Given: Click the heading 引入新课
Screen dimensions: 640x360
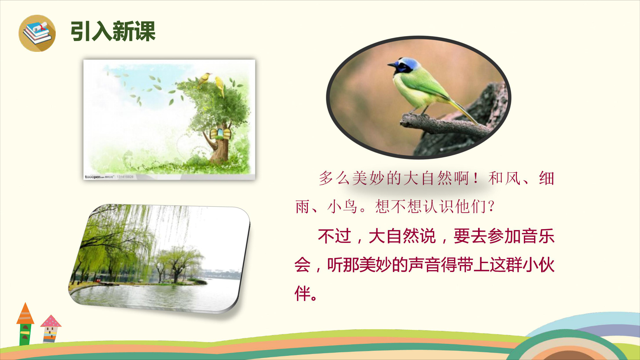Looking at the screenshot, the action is point(113,31).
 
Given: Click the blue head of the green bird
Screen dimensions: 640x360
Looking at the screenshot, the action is point(404,65).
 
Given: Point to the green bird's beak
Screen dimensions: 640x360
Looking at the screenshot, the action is point(391,65).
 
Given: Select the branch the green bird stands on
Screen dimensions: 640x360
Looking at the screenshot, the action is point(445,125).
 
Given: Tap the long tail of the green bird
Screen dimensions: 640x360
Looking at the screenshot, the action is point(464,112).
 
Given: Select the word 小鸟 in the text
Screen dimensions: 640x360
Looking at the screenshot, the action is point(342,206).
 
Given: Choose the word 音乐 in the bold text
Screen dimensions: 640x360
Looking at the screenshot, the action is point(538,236).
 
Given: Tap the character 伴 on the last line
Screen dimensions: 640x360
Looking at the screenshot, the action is point(302,293).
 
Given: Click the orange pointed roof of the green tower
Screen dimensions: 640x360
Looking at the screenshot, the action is point(25,313).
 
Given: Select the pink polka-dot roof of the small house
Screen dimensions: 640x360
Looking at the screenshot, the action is point(51,321).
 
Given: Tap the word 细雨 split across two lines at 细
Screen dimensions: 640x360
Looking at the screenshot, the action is point(547,178).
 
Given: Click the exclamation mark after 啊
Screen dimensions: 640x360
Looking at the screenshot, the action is point(476,178).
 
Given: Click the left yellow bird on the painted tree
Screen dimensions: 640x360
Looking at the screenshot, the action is point(204,79).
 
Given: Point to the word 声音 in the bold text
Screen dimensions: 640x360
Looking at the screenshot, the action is point(424,265).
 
